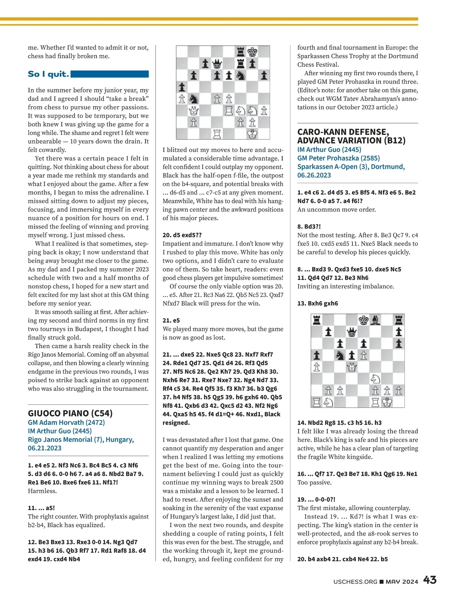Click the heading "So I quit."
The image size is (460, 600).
[48, 74]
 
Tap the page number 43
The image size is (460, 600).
[430, 580]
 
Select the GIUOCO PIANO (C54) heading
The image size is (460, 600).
[70, 413]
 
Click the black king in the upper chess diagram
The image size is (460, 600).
[252, 52]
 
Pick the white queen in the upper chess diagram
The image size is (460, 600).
[194, 111]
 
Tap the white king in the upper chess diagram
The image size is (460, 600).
[252, 134]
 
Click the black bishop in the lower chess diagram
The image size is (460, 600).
[376, 320]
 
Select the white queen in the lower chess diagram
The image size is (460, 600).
[352, 367]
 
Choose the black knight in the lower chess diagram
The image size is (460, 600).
[340, 355]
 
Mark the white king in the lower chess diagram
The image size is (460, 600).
[387, 402]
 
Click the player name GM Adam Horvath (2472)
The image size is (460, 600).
[66, 422]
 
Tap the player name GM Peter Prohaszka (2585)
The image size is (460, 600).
[338, 158]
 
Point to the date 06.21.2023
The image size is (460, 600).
[44, 448]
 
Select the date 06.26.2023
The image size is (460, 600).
[314, 175]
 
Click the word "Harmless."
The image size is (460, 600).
[42, 491]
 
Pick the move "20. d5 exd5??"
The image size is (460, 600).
[182, 235]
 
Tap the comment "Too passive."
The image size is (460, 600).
[314, 483]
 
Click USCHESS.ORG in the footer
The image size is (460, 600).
[355, 582]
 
